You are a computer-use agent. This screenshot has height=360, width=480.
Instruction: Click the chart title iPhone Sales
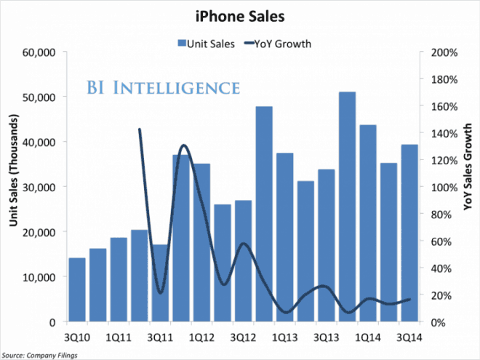coord(240,14)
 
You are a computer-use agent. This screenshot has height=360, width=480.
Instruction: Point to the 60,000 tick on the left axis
coord(41,53)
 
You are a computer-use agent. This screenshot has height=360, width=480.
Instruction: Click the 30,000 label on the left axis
coord(41,187)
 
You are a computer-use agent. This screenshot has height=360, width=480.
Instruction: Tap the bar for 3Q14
coord(410,233)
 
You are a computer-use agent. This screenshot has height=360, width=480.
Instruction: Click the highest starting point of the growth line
coord(139,129)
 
